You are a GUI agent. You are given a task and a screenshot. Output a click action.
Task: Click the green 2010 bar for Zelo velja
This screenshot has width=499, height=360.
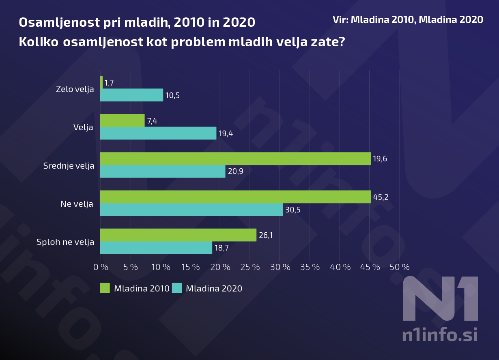click(101, 83)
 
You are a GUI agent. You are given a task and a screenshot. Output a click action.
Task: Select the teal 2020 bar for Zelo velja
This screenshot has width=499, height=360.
click(131, 95)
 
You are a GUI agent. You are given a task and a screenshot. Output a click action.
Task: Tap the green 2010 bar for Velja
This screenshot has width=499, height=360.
click(122, 120)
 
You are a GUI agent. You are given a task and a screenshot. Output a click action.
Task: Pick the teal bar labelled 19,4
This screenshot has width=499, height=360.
click(158, 133)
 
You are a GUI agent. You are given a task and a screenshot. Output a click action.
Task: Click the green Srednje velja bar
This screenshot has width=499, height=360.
click(235, 159)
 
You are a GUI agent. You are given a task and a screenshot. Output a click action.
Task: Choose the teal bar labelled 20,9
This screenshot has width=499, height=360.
click(163, 171)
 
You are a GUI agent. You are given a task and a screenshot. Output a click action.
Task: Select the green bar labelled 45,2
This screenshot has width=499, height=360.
click(235, 197)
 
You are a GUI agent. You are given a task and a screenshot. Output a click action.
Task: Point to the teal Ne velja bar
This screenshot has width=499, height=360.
click(191, 210)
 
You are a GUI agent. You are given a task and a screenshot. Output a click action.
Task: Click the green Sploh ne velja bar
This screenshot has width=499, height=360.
click(178, 235)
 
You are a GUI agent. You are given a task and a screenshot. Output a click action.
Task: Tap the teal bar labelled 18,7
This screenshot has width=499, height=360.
click(156, 248)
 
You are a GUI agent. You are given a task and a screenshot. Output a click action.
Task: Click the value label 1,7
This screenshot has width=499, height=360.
click(109, 83)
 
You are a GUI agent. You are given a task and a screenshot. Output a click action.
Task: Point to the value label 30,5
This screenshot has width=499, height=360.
click(293, 210)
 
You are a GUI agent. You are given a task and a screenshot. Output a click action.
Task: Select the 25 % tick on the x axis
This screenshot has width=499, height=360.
click(250, 267)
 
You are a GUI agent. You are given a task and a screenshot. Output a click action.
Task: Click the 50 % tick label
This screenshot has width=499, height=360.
click(400, 267)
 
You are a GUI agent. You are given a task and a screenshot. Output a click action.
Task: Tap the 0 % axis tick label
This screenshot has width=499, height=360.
click(101, 267)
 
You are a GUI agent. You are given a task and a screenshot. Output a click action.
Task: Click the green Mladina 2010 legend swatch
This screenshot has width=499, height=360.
click(105, 288)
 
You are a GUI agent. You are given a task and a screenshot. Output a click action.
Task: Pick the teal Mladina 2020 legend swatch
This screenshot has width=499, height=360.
click(177, 288)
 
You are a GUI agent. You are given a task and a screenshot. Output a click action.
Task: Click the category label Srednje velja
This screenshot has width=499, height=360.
click(69, 166)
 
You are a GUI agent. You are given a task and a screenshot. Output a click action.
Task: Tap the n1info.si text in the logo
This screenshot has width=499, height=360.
click(440, 335)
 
